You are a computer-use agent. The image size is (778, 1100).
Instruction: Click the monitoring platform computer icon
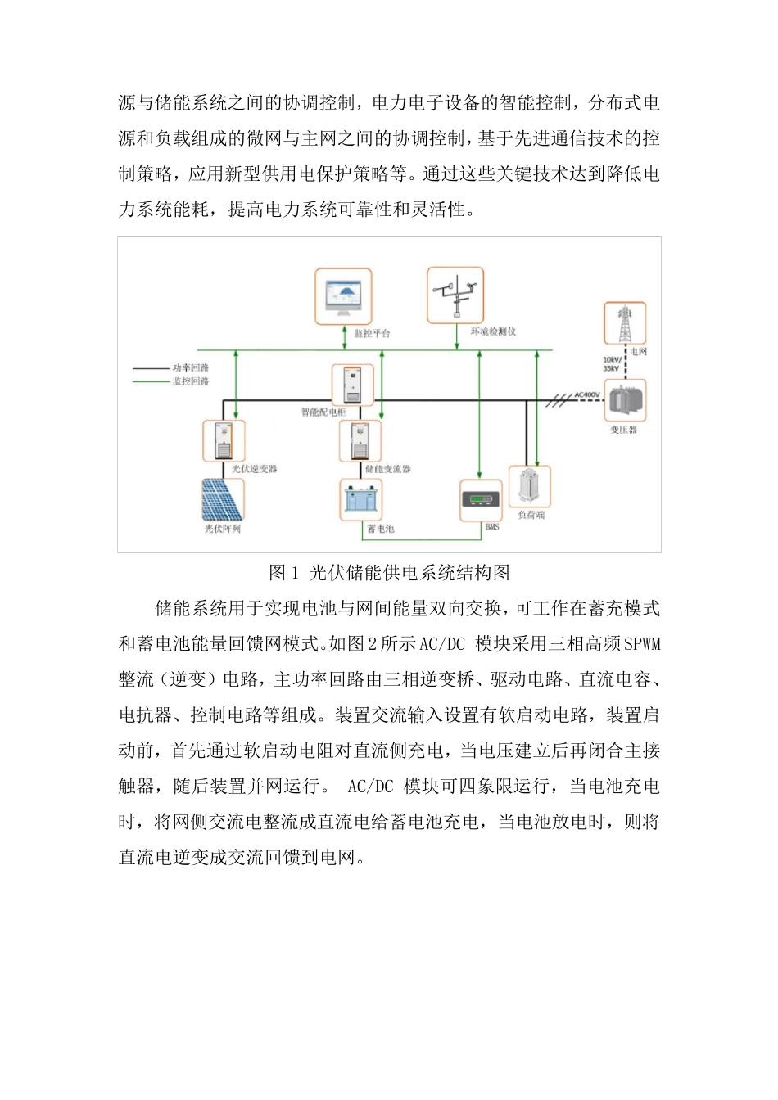point(343,295)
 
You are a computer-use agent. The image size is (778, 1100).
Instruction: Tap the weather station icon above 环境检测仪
point(455,295)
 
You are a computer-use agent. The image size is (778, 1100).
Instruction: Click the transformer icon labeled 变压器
point(625,400)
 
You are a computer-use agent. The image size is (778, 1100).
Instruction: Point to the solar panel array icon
point(223,499)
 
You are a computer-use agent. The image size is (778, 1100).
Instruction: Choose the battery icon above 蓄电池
point(361,499)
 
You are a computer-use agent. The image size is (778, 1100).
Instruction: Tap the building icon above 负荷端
point(529,487)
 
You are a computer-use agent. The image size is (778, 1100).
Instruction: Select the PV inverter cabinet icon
point(224,440)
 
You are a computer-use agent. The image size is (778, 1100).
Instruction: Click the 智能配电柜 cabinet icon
point(353,385)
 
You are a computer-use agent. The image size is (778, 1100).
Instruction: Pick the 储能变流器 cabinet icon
point(360,440)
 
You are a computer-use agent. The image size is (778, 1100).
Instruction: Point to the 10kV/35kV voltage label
point(612,364)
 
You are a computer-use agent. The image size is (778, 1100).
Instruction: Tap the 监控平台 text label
point(372,334)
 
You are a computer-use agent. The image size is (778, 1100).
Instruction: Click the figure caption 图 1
point(284,573)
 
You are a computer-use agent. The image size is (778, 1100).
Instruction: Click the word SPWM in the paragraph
point(641,644)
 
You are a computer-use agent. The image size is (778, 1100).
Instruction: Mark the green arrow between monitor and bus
point(345,337)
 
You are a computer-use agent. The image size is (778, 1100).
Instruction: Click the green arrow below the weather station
point(456,336)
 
